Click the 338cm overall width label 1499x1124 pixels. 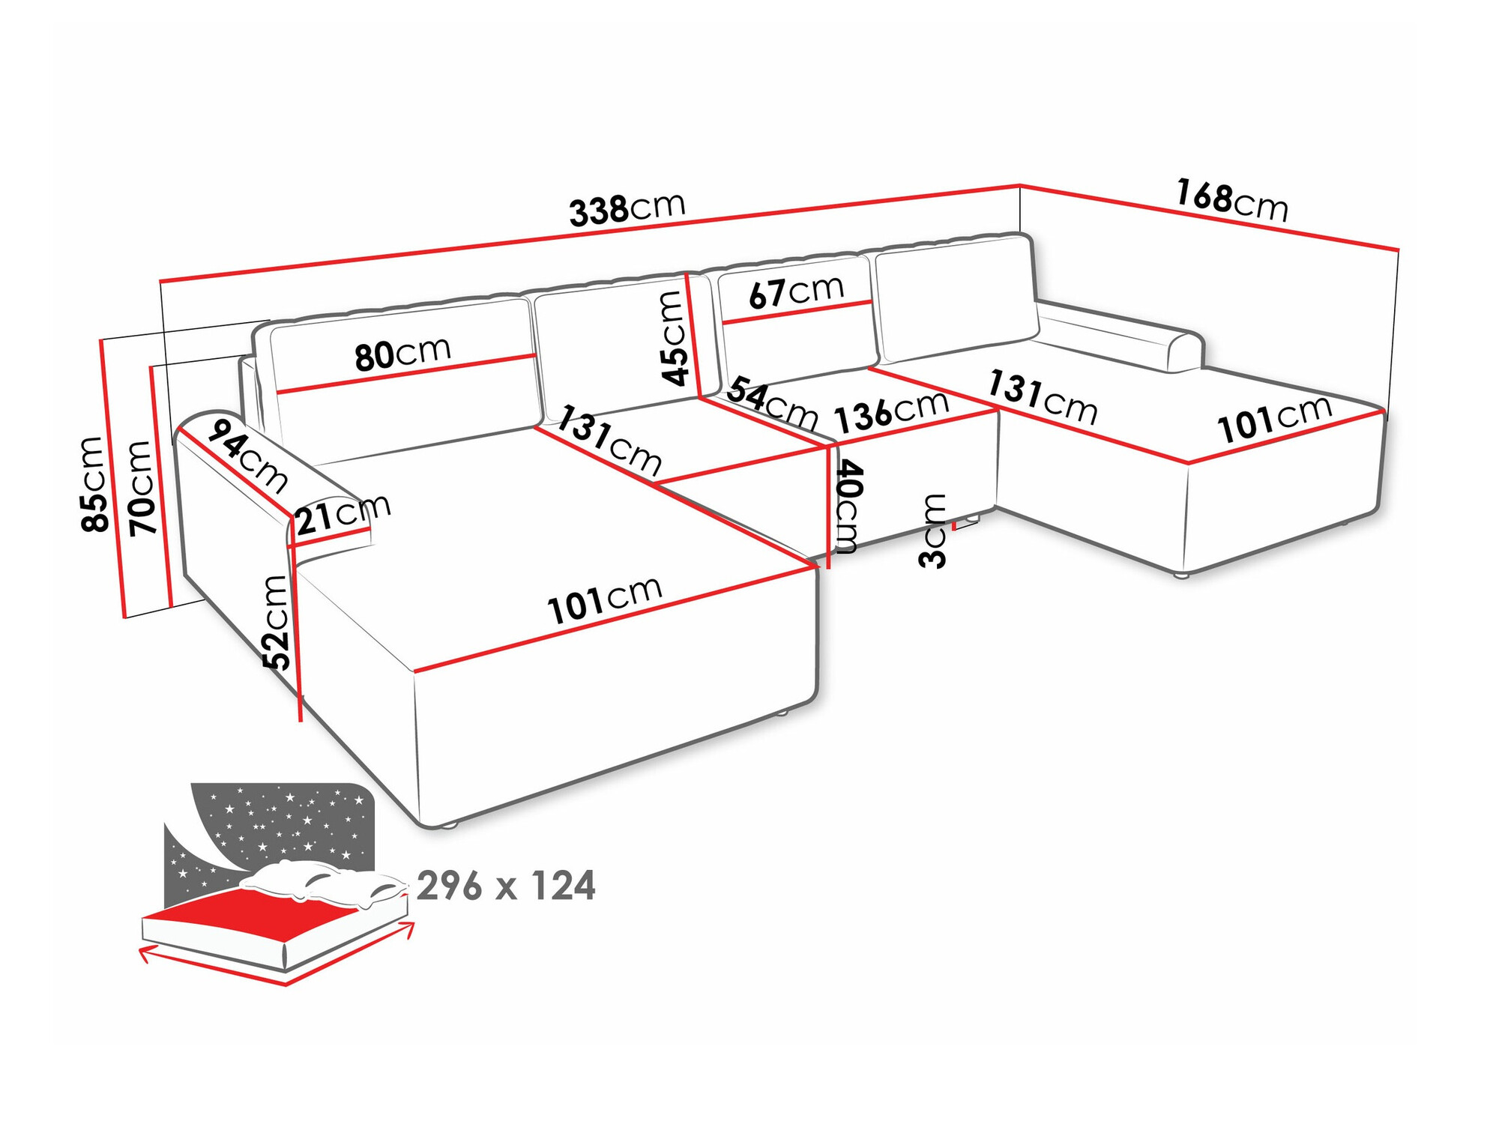pos(627,209)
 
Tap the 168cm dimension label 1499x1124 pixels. pos(1231,200)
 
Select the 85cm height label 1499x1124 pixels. pos(94,484)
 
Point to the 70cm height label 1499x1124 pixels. pos(142,488)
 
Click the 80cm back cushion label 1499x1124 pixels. pos(403,353)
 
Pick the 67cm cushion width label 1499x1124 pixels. pos(796,291)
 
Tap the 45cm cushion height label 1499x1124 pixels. pos(674,337)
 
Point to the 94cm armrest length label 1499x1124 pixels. pos(247,456)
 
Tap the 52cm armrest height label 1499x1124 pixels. pos(277,622)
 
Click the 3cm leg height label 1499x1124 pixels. pos(934,531)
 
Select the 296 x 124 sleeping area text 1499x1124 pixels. pos(506,886)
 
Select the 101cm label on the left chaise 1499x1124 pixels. pos(605,600)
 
